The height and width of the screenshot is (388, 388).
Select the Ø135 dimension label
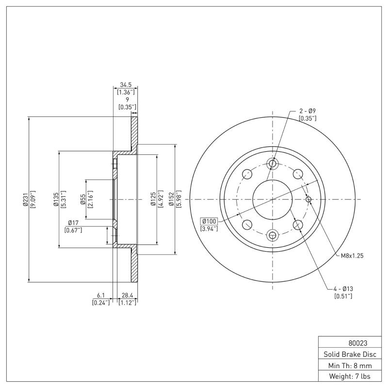coord(56,199)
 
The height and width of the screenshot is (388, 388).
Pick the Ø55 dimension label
coord(83,199)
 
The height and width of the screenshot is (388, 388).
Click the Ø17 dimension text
coord(73,223)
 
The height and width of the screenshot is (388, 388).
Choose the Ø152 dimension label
coord(171,199)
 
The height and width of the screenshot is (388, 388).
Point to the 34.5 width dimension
coord(126,84)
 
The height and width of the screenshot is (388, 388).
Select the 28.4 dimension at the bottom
coord(128,295)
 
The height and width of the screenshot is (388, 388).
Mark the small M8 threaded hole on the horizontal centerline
coord(308,199)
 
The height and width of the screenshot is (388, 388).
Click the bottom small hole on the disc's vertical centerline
coord(272,235)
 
